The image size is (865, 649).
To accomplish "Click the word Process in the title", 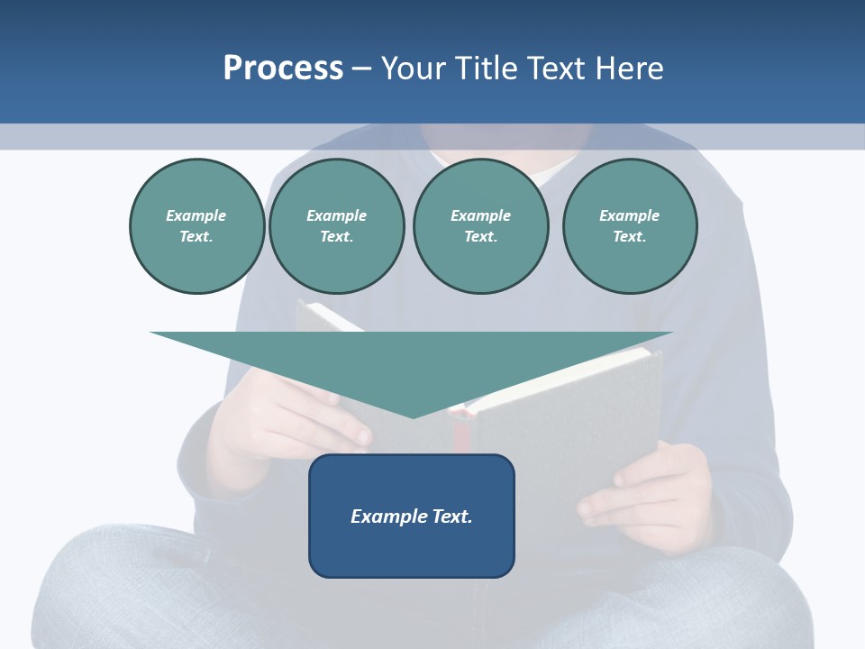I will click(x=283, y=69).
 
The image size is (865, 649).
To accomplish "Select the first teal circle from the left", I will click(x=196, y=226).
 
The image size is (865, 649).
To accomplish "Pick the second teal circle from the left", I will click(x=336, y=226).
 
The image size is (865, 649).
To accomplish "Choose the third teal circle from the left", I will click(x=480, y=226).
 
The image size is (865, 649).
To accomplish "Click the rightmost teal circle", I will click(x=629, y=226).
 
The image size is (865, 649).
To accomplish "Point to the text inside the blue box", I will click(x=412, y=516).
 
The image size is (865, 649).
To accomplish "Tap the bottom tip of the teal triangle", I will click(x=414, y=416).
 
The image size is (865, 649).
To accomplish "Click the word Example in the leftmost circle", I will click(x=196, y=215).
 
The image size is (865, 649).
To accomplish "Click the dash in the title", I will click(x=361, y=69).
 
